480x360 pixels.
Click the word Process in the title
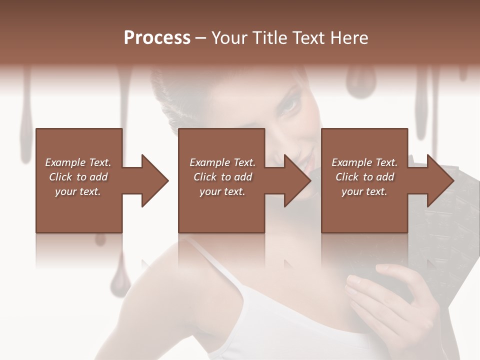pos(157,38)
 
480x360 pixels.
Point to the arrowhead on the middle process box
pos(297,180)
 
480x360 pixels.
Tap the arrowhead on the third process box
pos(440,180)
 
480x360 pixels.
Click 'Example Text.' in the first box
pos(78,162)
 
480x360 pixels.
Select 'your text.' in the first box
pos(78,191)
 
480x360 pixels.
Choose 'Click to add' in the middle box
pos(222,177)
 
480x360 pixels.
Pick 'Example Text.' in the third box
pos(364,162)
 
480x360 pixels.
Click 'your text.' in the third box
pos(364,191)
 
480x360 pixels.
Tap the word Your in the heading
pos(229,38)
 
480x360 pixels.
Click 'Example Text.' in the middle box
pos(222,162)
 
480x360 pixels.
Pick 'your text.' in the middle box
pos(222,191)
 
